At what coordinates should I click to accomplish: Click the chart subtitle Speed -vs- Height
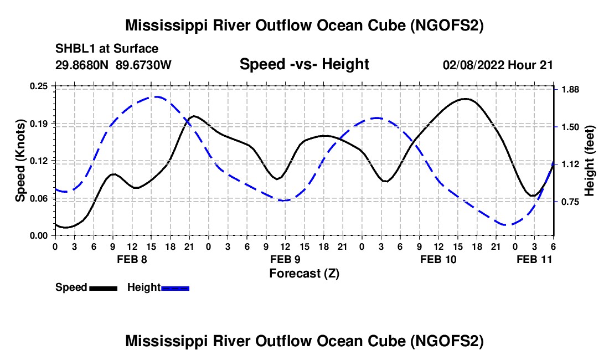[304, 64]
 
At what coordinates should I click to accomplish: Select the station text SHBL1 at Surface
[107, 49]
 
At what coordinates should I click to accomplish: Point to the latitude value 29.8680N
[83, 65]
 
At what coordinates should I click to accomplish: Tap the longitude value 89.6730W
[144, 65]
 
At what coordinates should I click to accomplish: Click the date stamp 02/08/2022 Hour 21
[498, 65]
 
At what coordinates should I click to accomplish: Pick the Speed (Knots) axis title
[20, 160]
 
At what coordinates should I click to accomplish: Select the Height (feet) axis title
[589, 161]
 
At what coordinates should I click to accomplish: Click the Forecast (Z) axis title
[304, 273]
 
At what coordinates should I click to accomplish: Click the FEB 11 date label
[534, 259]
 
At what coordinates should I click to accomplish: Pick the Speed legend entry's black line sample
[103, 287]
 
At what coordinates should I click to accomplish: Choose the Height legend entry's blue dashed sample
[175, 287]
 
